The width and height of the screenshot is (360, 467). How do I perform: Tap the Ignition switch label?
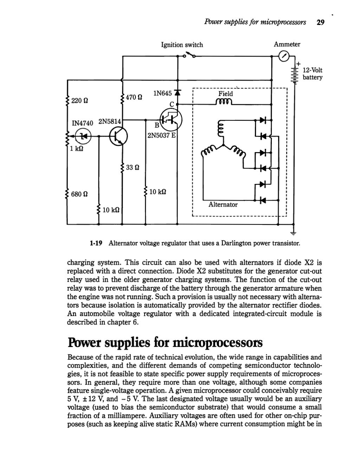click(x=182, y=45)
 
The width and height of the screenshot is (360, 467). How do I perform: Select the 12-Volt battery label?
click(x=313, y=74)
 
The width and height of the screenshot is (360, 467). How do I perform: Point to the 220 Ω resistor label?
click(x=79, y=101)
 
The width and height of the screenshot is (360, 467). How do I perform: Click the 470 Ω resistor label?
click(x=134, y=97)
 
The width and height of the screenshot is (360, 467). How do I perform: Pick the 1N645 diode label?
click(x=162, y=93)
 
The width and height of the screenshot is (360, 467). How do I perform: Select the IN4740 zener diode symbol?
click(x=83, y=135)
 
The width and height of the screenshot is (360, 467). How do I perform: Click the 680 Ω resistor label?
click(x=79, y=194)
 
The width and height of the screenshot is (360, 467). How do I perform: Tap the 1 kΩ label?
click(x=76, y=148)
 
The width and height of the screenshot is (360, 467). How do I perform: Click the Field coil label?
click(x=225, y=94)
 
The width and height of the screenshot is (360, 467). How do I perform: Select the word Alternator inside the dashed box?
click(x=223, y=204)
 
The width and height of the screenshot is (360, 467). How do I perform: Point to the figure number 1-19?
click(x=96, y=243)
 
